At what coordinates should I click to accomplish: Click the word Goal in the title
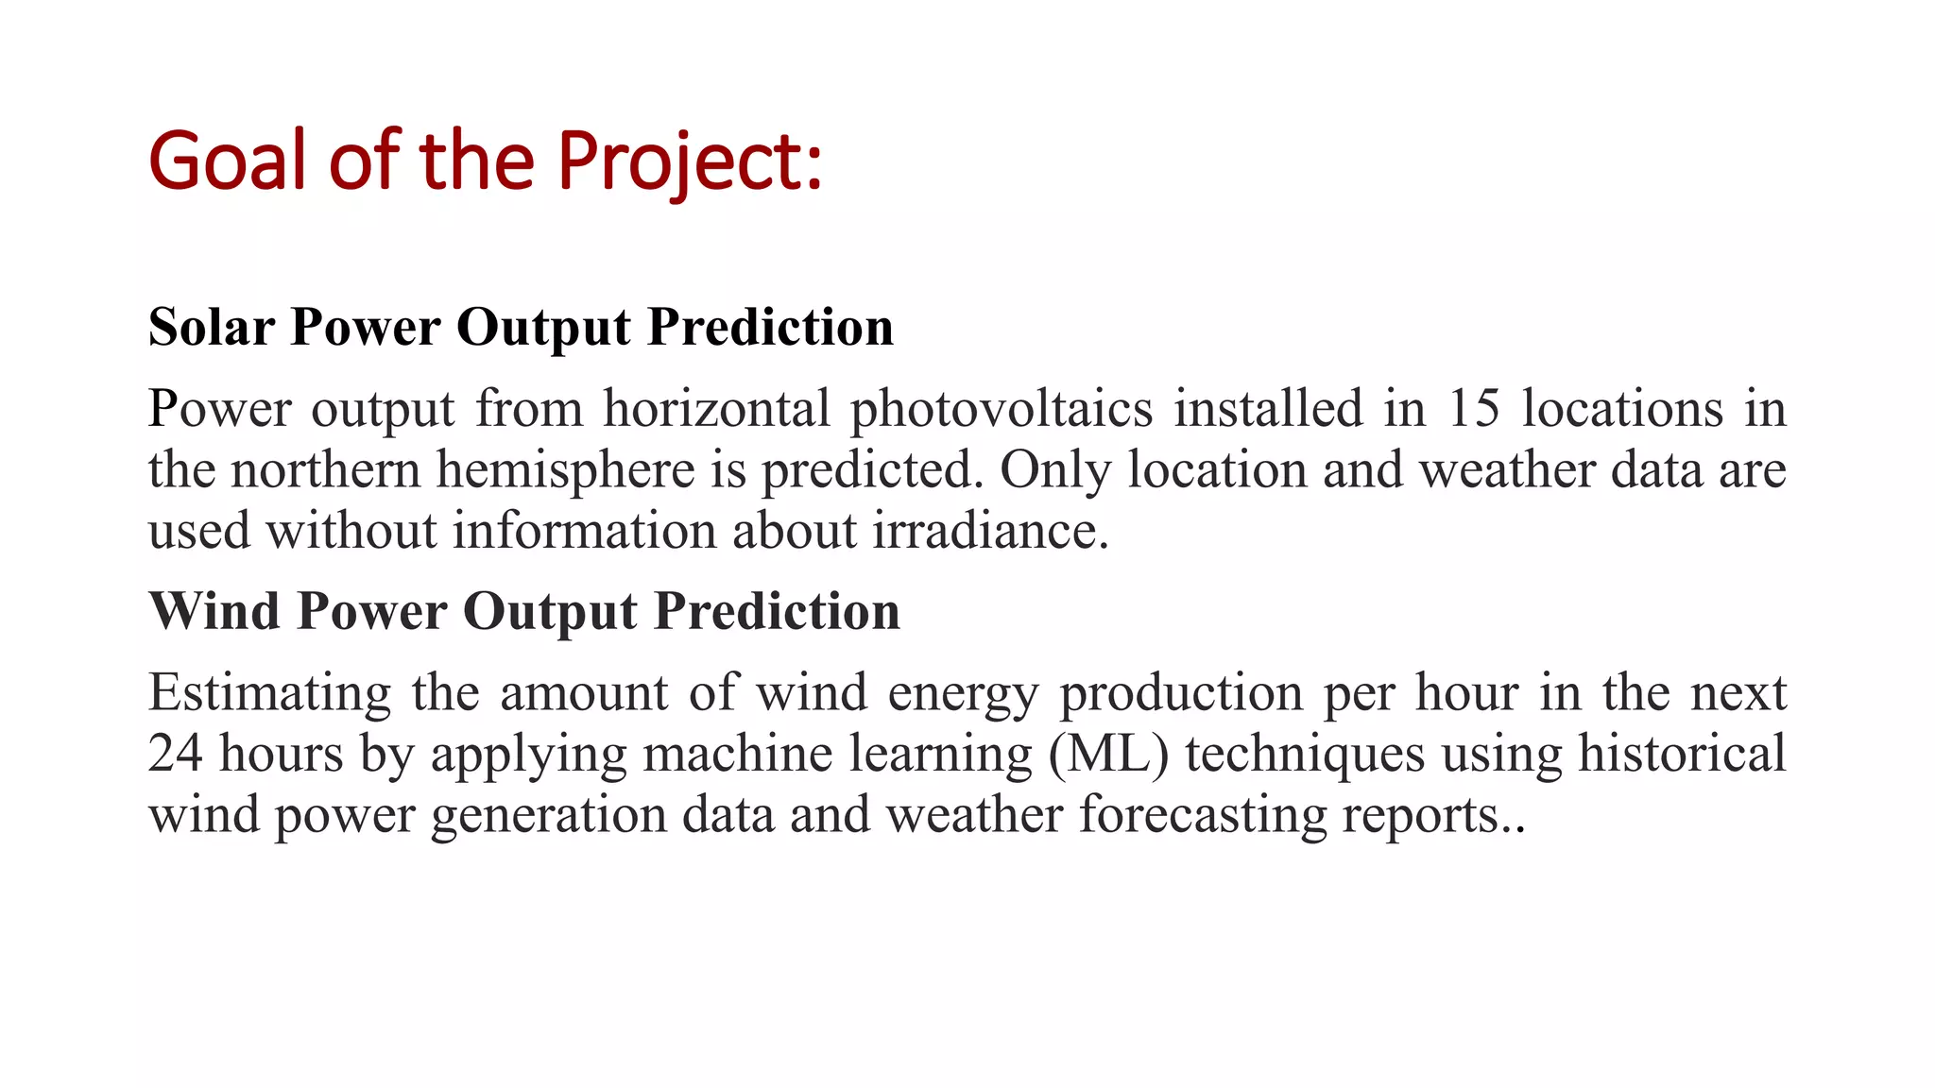coord(228,161)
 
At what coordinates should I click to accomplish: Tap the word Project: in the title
coord(690,161)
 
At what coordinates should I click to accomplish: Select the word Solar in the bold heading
coord(212,327)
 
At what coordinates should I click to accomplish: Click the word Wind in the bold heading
coord(214,610)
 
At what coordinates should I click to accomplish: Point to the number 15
coord(1473,409)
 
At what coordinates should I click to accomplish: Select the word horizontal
coord(716,409)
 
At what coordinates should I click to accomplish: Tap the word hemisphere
coord(565,470)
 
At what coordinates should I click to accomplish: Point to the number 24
coord(175,754)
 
